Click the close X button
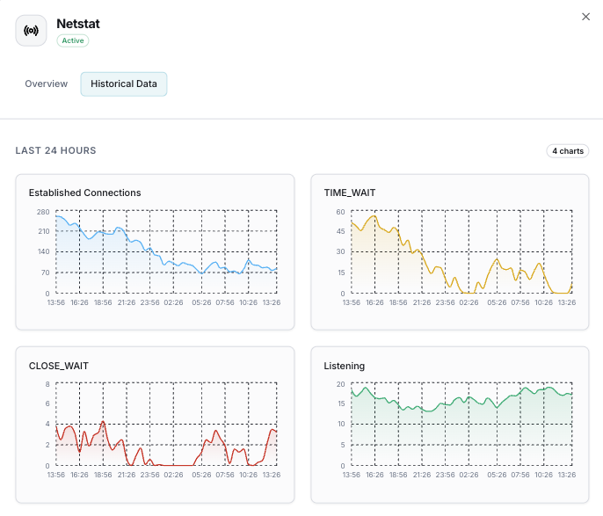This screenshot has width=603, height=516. point(586,17)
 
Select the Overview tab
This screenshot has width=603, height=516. point(46,84)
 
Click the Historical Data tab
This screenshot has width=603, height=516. point(124,84)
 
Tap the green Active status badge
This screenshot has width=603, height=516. point(73,40)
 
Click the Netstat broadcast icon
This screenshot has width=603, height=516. point(31,31)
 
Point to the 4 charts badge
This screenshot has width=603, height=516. point(567,151)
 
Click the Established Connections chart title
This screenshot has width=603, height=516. point(84,193)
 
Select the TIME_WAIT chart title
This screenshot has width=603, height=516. point(350,193)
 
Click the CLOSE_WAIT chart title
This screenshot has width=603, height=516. point(59,366)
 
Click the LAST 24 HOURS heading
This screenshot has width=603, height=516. point(55,151)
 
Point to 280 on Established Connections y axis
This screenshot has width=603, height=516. point(43,212)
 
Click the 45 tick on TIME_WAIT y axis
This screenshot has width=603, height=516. point(339,232)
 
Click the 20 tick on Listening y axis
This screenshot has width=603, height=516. point(339,384)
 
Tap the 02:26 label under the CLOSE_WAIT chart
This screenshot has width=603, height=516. point(173,475)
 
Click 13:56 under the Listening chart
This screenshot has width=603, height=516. point(351,475)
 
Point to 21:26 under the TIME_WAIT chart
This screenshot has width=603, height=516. point(422,302)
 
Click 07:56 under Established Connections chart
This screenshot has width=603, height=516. point(225,302)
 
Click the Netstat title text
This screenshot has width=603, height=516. point(78,24)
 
